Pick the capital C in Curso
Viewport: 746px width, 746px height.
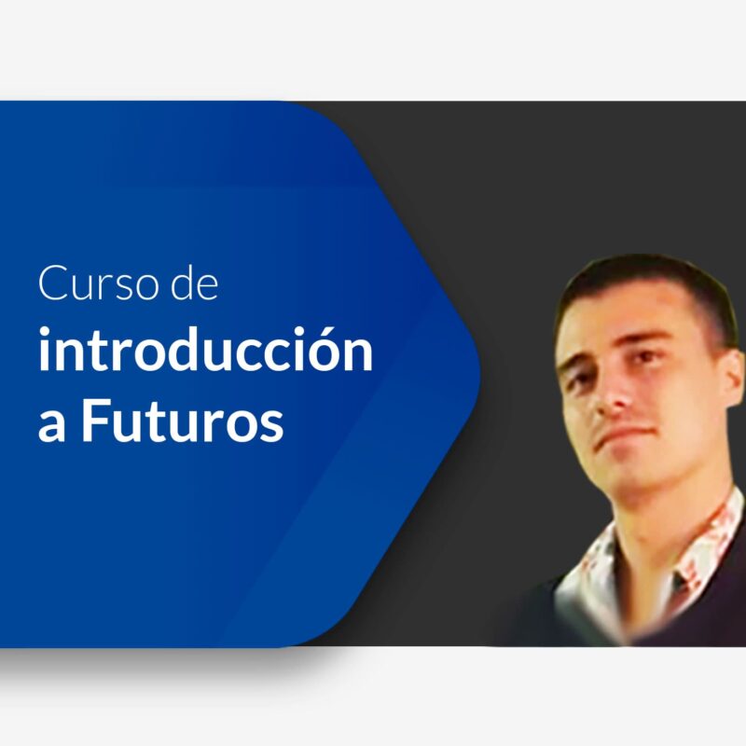tap(49, 284)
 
